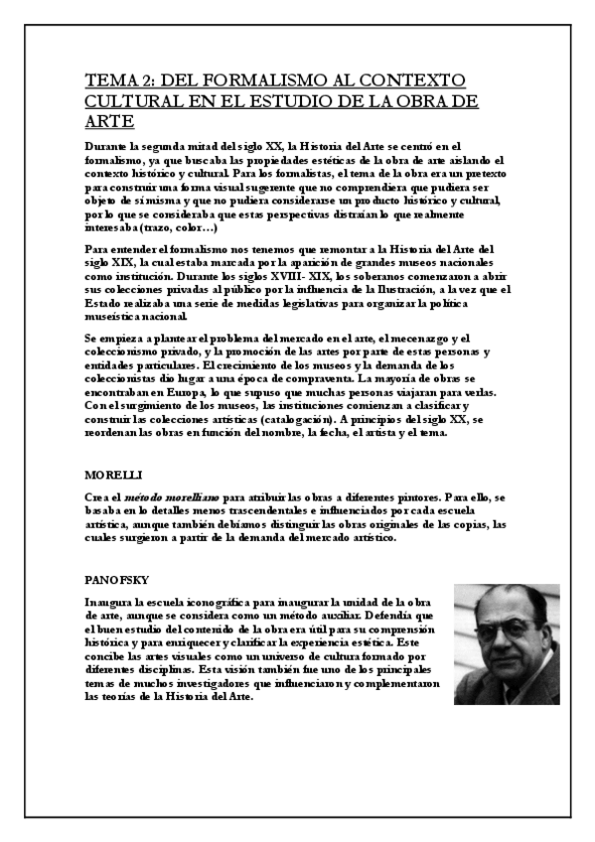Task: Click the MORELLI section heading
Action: (x=109, y=476)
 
